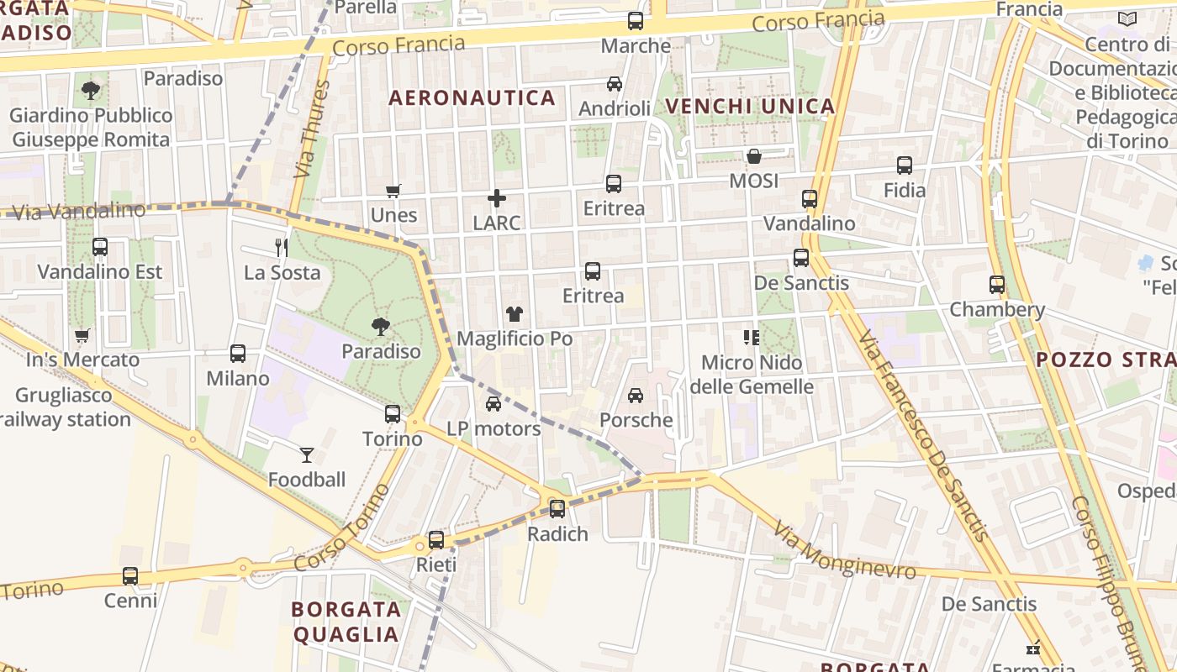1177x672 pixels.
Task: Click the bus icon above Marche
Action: point(636,21)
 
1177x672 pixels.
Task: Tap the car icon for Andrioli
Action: point(615,84)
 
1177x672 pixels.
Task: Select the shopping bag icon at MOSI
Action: point(754,156)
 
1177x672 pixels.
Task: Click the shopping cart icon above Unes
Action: point(393,191)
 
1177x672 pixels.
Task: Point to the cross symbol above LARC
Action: point(497,198)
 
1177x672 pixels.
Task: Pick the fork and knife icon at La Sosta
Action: point(282,247)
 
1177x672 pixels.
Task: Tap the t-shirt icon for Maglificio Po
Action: point(515,314)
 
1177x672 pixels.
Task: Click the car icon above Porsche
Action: point(636,395)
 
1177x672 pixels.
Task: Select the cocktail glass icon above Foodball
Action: point(307,455)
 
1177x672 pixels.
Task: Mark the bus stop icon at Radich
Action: point(557,508)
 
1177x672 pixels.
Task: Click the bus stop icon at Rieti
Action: point(436,540)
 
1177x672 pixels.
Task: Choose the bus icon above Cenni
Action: point(130,576)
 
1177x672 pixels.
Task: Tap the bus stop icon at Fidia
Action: point(905,165)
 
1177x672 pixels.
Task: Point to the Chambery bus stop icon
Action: point(997,285)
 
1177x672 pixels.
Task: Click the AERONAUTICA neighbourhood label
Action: point(472,98)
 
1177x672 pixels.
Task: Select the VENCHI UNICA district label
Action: point(750,106)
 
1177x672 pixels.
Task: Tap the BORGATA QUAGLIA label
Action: point(345,622)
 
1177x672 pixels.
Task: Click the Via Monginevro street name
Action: point(844,552)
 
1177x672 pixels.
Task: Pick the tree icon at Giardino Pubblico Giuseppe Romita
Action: point(91,91)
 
